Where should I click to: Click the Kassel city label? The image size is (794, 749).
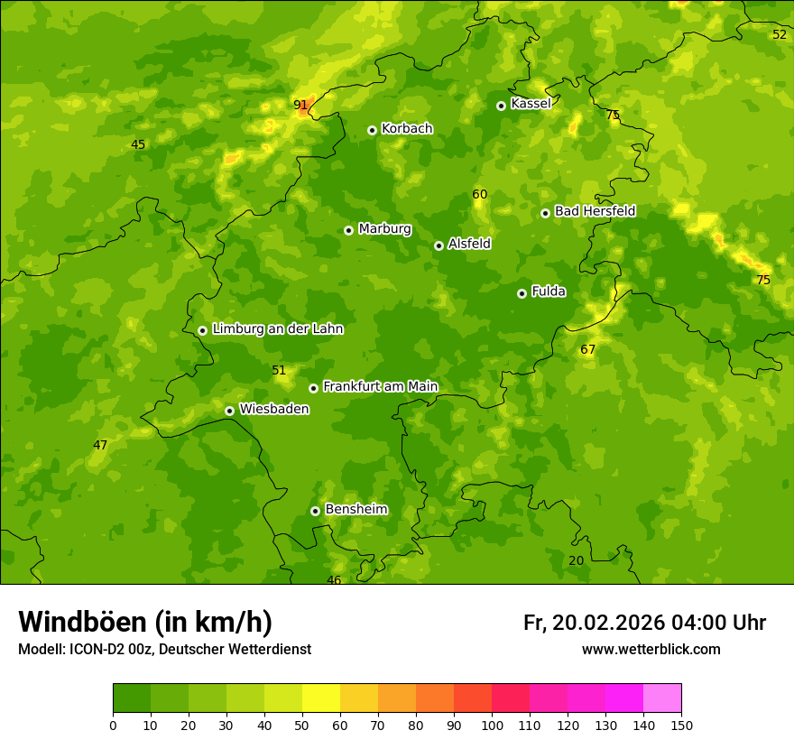pos(531,104)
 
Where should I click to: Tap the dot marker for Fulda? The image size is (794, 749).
pos(522,293)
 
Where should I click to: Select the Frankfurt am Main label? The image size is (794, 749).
pos(380,386)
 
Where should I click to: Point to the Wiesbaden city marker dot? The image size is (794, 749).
pos(229,411)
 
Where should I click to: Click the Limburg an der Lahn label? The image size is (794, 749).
pos(277,329)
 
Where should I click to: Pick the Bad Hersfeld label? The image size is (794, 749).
pos(595,211)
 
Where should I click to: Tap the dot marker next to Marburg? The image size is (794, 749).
pos(348,230)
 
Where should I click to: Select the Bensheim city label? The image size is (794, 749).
pos(355,509)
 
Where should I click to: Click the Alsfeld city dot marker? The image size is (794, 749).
pos(439,245)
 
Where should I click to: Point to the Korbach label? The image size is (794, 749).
pos(407,128)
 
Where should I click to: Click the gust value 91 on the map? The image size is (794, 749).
pos(300,105)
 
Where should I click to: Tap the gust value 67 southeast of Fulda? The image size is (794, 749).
pos(588,349)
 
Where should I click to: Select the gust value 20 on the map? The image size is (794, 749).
pos(576,560)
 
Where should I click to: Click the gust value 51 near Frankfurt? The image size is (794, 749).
pos(279,370)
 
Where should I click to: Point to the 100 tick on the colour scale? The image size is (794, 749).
pos(492,725)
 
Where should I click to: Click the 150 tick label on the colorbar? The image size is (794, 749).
pos(681,725)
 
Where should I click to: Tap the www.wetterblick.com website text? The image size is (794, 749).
pos(651,649)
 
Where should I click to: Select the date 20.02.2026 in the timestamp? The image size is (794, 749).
pos(608,623)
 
